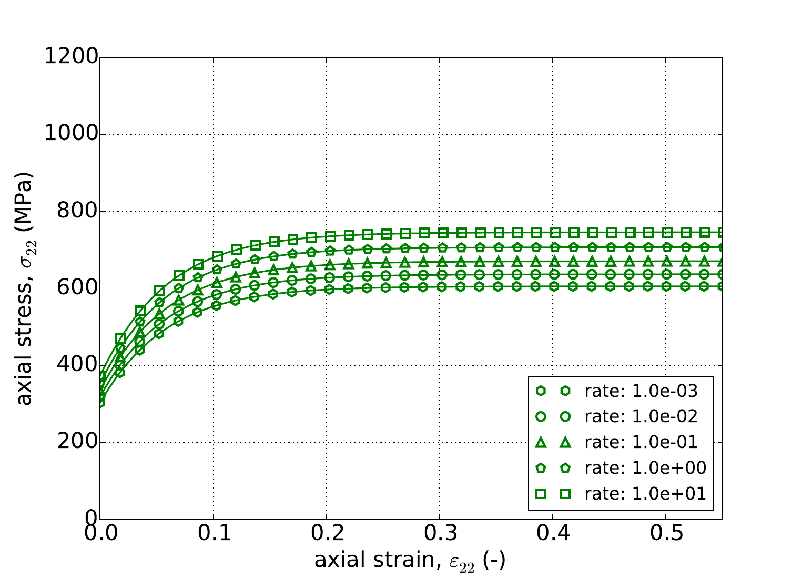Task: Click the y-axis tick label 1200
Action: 71,57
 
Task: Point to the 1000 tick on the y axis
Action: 71,134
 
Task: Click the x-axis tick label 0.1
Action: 213,534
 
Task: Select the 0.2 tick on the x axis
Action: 326,534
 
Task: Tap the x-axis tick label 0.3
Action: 439,534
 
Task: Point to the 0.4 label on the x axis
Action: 552,534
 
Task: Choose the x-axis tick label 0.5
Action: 665,534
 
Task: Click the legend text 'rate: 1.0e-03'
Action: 641,391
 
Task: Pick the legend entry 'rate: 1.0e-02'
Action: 641,416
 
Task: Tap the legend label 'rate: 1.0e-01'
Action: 641,442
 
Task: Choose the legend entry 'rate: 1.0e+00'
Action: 645,467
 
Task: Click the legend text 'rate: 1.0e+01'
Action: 645,493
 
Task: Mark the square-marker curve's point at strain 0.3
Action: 443,233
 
